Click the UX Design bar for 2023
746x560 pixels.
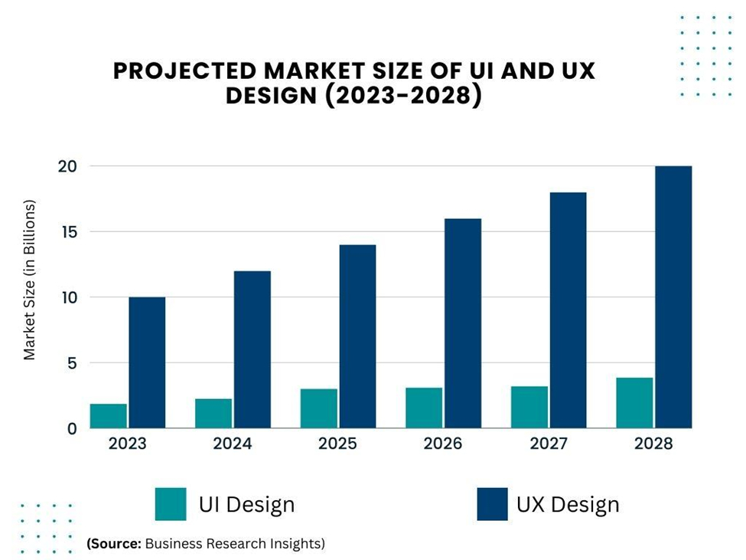point(147,362)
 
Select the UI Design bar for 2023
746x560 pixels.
point(109,416)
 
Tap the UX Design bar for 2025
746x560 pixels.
point(357,336)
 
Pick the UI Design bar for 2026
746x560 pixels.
point(424,408)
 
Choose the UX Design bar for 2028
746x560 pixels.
point(673,297)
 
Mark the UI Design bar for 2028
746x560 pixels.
point(635,403)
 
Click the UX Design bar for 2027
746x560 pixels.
point(568,310)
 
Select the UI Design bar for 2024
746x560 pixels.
point(213,414)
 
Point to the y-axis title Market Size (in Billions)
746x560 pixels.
point(30,280)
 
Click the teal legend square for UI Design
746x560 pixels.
point(170,504)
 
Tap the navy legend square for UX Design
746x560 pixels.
point(492,504)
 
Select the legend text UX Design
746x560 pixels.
point(568,505)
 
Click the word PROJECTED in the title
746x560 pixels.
point(184,70)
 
